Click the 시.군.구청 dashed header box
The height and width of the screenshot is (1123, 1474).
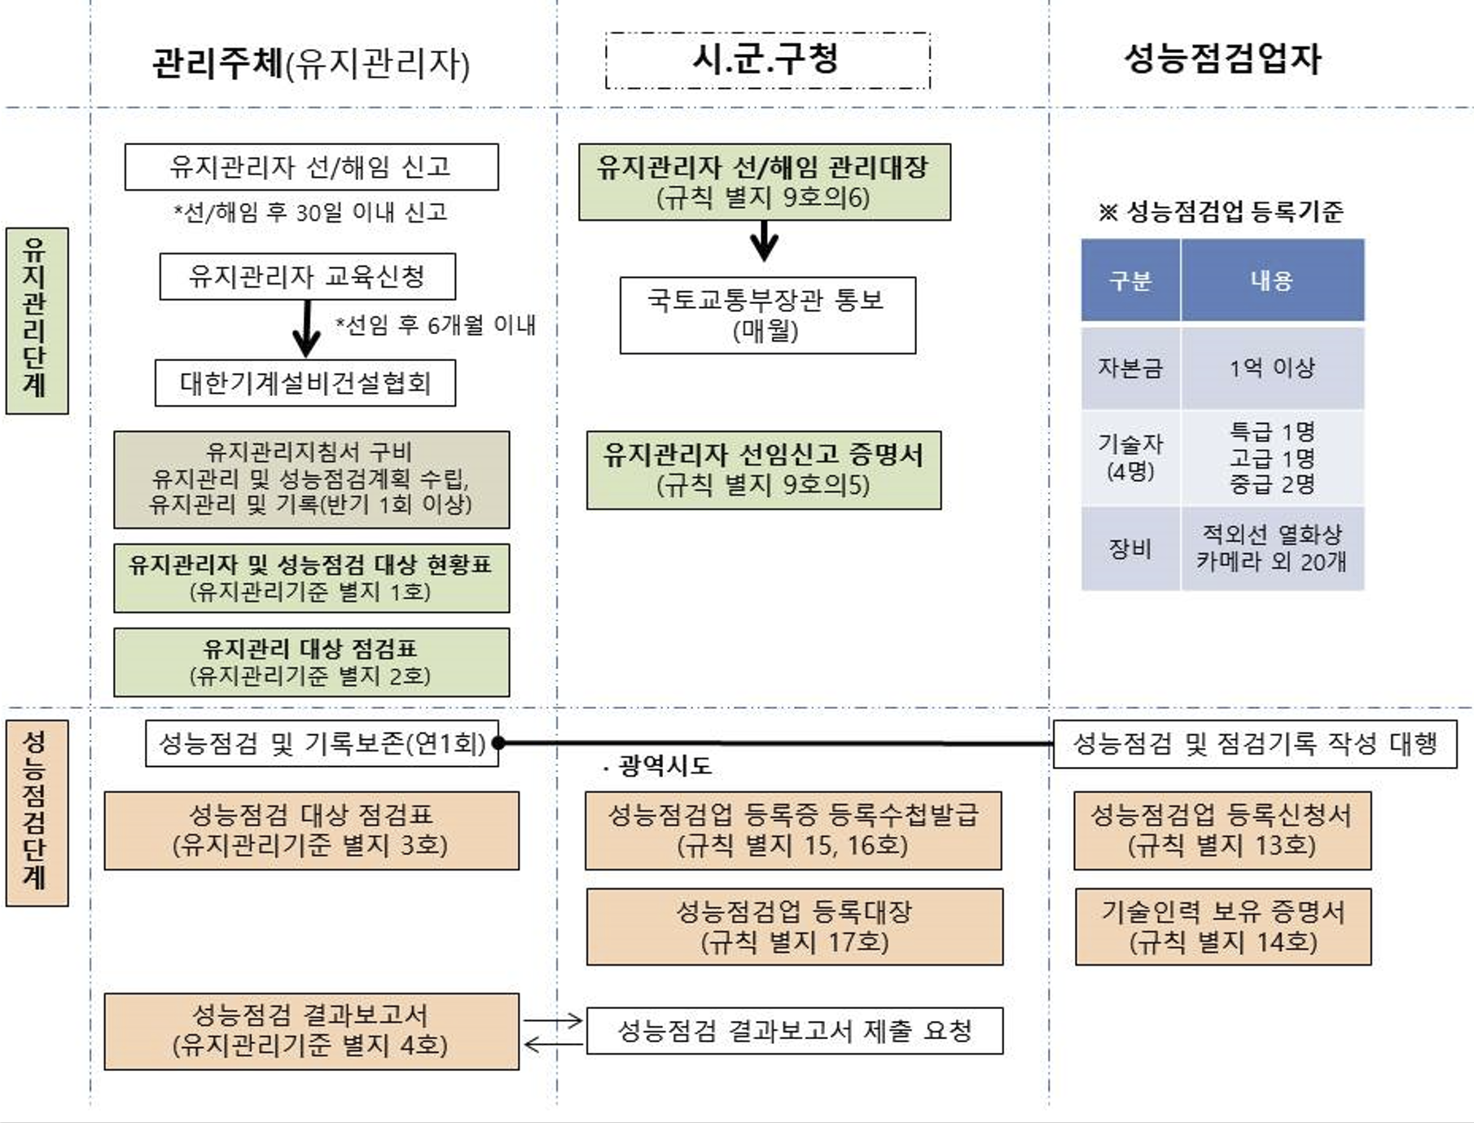[767, 60]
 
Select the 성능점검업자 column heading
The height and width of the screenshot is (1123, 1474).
[1222, 59]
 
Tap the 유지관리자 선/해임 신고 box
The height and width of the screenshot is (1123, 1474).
[311, 167]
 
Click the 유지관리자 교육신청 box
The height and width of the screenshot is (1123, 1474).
[307, 276]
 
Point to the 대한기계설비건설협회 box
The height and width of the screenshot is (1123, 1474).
[305, 383]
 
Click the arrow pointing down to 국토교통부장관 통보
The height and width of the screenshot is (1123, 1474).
[764, 242]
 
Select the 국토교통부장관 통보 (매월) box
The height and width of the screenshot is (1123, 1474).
[767, 315]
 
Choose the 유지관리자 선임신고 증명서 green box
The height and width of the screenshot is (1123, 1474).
[764, 470]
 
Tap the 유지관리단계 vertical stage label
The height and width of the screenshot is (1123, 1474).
[37, 320]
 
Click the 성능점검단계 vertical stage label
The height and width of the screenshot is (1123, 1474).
[37, 813]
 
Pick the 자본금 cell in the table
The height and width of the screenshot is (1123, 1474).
[1130, 368]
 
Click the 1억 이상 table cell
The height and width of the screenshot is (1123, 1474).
[1272, 368]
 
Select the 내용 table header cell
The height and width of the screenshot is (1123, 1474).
[1272, 280]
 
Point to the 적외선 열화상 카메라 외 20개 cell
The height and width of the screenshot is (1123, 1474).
[1272, 548]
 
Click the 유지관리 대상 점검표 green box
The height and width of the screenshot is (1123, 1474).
[311, 662]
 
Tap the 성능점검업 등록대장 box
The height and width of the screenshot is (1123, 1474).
[794, 927]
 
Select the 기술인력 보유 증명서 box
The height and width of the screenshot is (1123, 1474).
[1222, 927]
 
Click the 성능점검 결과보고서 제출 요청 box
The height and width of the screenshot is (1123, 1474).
[794, 1031]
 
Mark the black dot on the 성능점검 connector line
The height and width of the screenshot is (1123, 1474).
[498, 743]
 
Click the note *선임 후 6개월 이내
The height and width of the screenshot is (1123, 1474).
[436, 325]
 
